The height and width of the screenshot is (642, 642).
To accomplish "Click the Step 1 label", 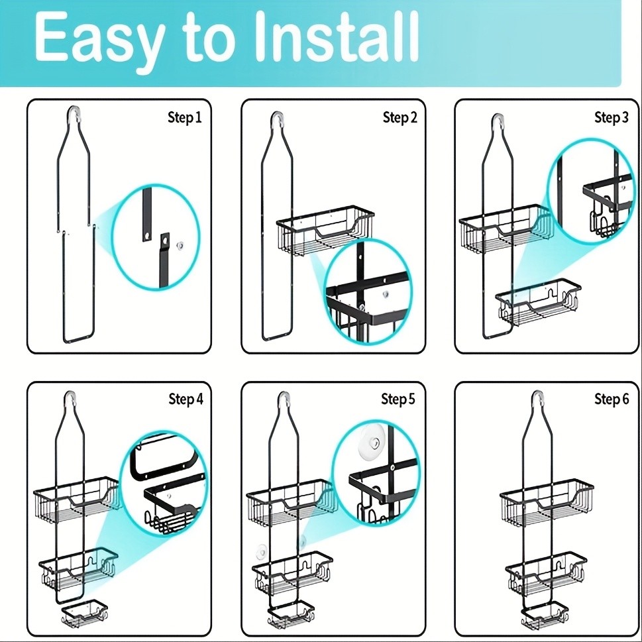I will click(x=184, y=118).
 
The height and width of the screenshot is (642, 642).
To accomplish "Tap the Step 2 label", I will click(x=400, y=118).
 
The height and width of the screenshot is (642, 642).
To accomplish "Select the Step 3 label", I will click(x=611, y=118).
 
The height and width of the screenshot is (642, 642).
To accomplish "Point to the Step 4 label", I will click(x=186, y=399).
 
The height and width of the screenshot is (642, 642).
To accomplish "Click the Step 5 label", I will click(x=398, y=399).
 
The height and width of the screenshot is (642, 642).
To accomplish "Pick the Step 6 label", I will click(x=611, y=399).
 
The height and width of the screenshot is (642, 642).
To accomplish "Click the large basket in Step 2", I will click(x=325, y=232).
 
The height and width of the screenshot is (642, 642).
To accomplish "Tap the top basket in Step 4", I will click(x=76, y=497).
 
